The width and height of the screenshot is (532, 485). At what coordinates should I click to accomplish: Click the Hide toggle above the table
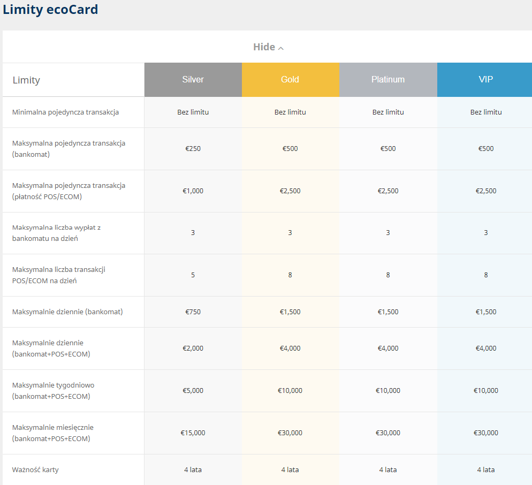click(x=268, y=47)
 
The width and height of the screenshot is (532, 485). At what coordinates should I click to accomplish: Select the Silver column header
click(x=193, y=79)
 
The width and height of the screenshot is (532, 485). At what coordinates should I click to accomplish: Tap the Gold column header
click(x=291, y=79)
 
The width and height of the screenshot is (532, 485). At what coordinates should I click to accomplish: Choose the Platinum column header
click(x=388, y=79)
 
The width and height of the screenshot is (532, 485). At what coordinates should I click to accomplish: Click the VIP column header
click(x=485, y=79)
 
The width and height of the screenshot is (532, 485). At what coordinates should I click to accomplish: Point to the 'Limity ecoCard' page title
click(x=50, y=10)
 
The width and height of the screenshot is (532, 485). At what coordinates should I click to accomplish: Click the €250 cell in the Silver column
click(x=193, y=149)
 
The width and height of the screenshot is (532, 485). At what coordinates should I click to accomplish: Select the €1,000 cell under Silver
click(x=193, y=191)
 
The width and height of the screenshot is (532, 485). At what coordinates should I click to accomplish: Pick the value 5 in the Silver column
click(x=193, y=275)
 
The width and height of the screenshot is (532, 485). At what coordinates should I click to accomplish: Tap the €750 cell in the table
click(x=193, y=312)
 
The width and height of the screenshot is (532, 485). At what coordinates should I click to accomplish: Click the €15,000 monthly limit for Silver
click(x=193, y=433)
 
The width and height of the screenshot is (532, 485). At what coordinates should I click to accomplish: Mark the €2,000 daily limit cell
click(x=193, y=348)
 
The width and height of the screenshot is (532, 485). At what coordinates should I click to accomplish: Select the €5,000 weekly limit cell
click(x=193, y=391)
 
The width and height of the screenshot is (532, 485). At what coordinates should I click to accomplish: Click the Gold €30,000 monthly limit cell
click(x=290, y=433)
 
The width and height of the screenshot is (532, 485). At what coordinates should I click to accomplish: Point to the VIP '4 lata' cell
click(x=486, y=469)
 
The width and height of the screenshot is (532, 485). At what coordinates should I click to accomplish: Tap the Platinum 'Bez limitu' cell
click(x=388, y=112)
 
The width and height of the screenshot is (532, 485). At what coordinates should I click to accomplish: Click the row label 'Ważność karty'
click(x=35, y=469)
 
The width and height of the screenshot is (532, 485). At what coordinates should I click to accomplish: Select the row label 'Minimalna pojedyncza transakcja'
click(x=65, y=112)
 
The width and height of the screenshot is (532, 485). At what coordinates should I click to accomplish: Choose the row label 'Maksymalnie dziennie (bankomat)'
click(x=67, y=312)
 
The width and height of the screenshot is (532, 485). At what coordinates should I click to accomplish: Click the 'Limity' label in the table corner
click(x=26, y=80)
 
